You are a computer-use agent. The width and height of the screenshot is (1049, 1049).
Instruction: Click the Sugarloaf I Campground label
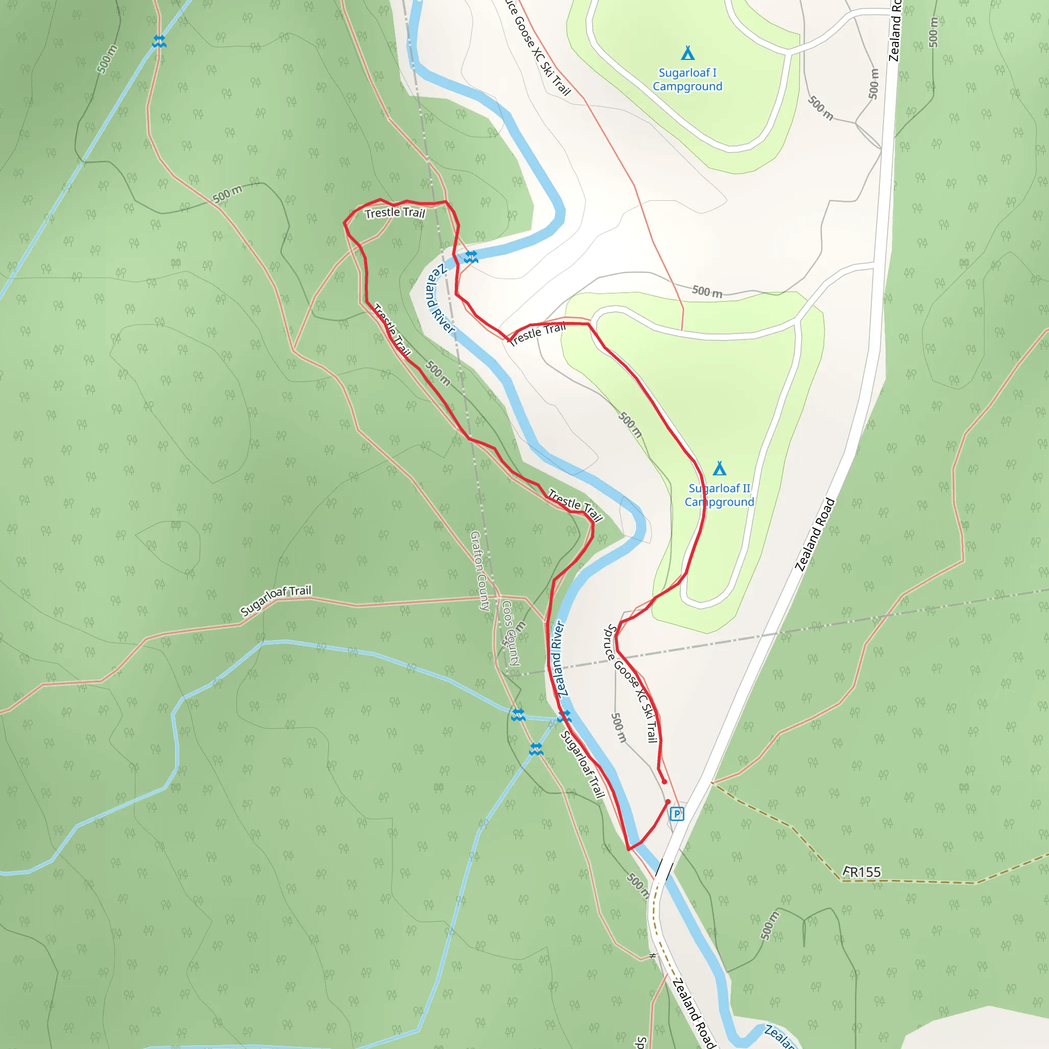pyautogui.click(x=687, y=79)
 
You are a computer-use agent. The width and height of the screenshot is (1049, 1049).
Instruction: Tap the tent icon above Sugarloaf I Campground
pyautogui.click(x=687, y=53)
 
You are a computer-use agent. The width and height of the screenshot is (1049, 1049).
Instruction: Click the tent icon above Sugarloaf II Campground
pyautogui.click(x=720, y=468)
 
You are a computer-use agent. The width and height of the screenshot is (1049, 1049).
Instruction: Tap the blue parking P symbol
pyautogui.click(x=677, y=814)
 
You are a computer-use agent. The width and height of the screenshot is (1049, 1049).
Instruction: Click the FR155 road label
pyautogui.click(x=862, y=872)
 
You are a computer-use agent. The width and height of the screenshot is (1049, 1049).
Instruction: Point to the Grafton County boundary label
pyautogui.click(x=480, y=571)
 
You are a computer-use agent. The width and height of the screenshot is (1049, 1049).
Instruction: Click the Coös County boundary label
pyautogui.click(x=510, y=633)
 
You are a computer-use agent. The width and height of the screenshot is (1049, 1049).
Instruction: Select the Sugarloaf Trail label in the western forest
pyautogui.click(x=276, y=600)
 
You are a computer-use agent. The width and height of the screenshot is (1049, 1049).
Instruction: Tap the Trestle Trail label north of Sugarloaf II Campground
pyautogui.click(x=537, y=333)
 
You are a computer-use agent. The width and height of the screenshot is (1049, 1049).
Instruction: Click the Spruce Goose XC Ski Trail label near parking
pyautogui.click(x=632, y=684)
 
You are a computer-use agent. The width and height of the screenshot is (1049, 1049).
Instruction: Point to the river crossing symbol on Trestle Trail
pyautogui.click(x=471, y=257)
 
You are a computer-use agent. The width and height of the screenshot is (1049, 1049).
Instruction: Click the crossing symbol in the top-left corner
pyautogui.click(x=159, y=41)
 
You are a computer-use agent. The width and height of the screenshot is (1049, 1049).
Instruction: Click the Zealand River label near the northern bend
pyautogui.click(x=440, y=299)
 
